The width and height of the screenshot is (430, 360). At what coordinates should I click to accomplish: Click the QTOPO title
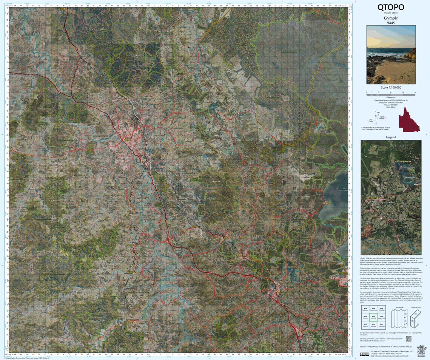point(391,7)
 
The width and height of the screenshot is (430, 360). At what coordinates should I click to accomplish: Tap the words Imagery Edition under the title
point(391,13)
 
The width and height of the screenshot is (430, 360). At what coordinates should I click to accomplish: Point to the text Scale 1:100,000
point(391,87)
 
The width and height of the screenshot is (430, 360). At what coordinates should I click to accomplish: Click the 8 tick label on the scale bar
point(415,92)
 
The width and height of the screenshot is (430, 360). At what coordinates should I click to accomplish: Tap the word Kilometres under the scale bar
point(391,97)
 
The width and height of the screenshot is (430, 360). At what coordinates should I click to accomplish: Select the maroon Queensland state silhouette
point(410,119)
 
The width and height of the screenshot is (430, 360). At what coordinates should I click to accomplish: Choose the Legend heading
point(391,138)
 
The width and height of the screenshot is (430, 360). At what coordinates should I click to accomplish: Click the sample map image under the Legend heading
point(391,197)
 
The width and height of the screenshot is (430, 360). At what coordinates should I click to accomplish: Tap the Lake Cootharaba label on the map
point(344,190)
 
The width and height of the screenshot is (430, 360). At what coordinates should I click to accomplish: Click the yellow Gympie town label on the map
point(128,139)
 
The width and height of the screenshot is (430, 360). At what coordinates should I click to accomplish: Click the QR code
point(408,338)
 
